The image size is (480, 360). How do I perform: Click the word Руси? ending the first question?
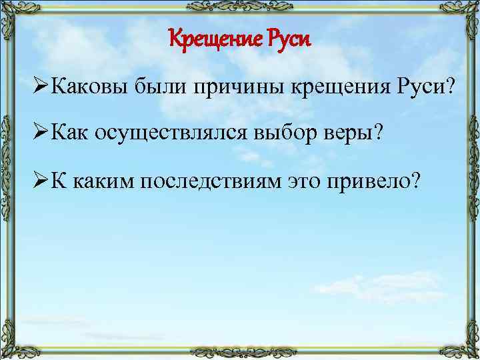(424, 87)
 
